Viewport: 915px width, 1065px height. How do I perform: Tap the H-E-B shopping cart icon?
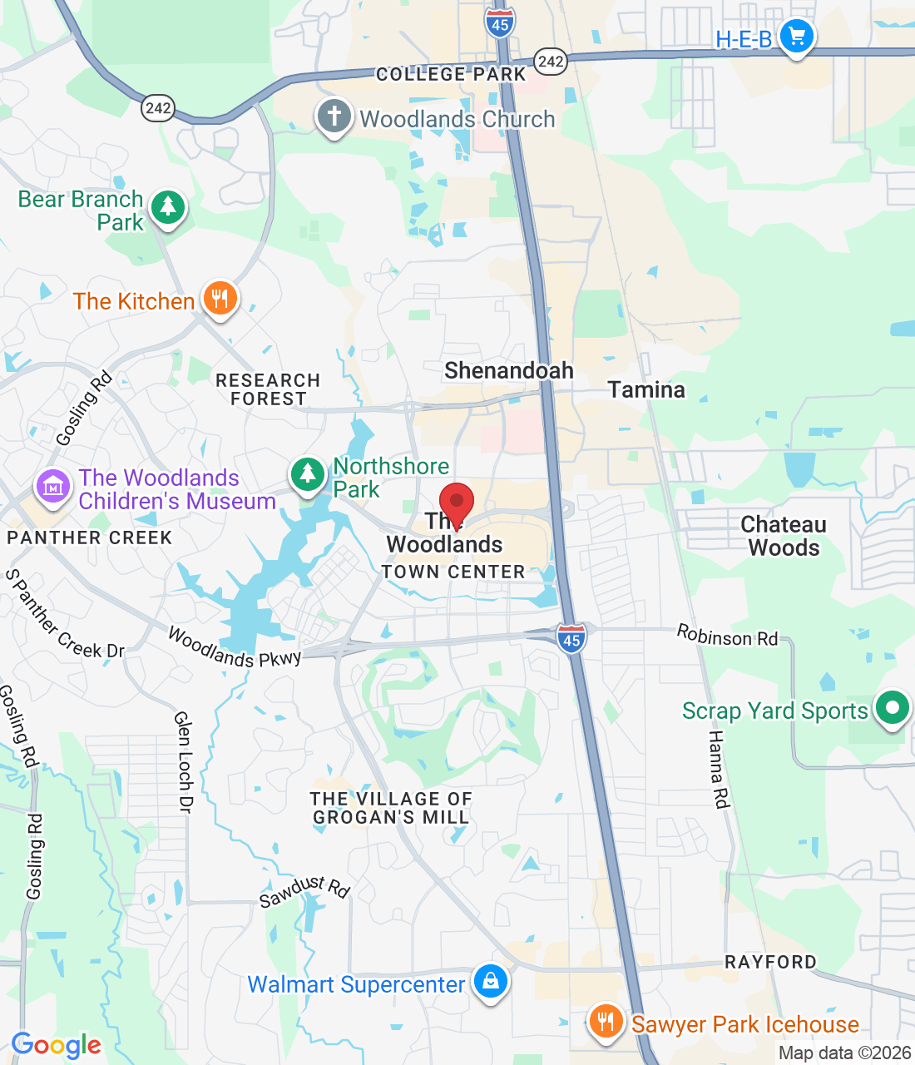click(797, 37)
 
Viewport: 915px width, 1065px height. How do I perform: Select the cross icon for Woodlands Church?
click(334, 116)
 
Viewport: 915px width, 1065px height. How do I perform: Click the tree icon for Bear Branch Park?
click(168, 206)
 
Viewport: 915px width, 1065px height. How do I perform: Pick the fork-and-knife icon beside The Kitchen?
click(220, 298)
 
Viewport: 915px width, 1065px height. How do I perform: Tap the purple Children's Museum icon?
click(53, 487)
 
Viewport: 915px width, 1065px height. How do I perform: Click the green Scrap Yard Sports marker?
click(892, 709)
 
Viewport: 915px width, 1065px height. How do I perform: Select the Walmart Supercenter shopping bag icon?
click(491, 982)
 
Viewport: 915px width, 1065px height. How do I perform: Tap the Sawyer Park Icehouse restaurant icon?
click(606, 1022)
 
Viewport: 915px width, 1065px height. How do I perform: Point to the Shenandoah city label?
click(509, 371)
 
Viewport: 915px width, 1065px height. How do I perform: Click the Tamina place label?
click(646, 390)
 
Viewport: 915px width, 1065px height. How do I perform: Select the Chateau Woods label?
click(784, 537)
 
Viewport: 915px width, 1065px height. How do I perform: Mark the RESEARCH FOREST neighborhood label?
click(268, 389)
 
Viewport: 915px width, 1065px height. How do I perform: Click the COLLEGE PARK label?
click(451, 75)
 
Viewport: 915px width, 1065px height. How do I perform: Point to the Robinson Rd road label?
click(727, 637)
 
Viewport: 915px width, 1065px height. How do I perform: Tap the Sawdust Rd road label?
click(304, 892)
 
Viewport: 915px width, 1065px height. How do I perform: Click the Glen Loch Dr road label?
click(183, 761)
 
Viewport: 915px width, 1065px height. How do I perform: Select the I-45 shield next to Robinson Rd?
click(571, 639)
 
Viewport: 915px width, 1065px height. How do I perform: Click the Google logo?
click(57, 1045)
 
